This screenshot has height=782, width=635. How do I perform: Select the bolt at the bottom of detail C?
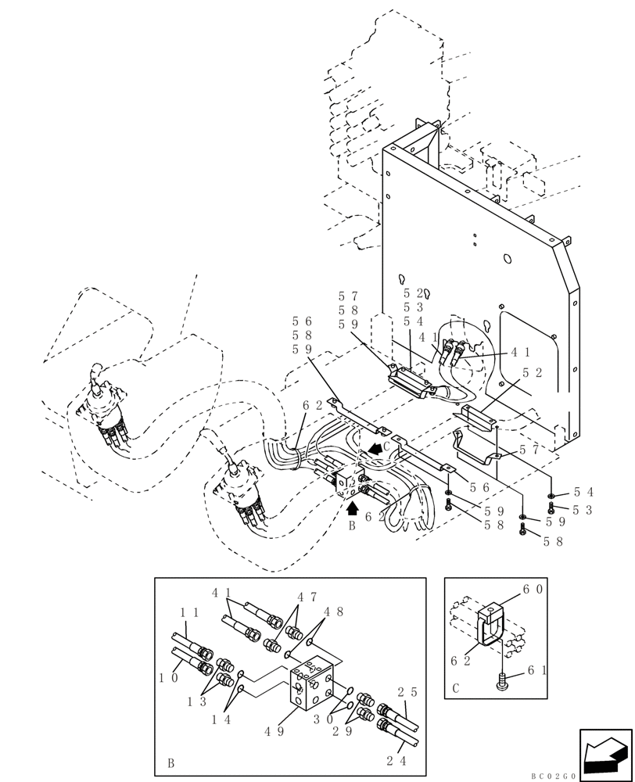pos(500,683)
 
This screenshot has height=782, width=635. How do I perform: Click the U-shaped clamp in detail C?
pos(490,626)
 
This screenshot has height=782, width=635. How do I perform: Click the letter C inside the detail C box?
pos(456,690)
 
